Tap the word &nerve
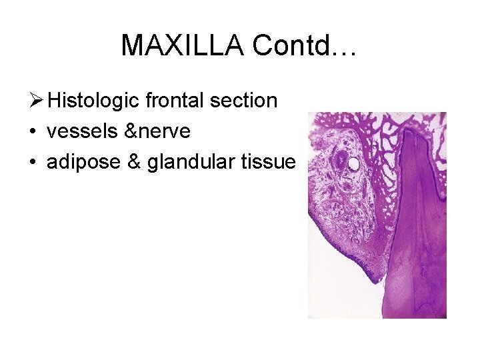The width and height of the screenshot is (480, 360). click(x=157, y=131)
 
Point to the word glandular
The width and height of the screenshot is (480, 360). click(x=189, y=162)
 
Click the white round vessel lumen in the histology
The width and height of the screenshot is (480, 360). click(x=354, y=163)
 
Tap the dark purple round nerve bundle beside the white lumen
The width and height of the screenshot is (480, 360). click(x=341, y=160)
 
